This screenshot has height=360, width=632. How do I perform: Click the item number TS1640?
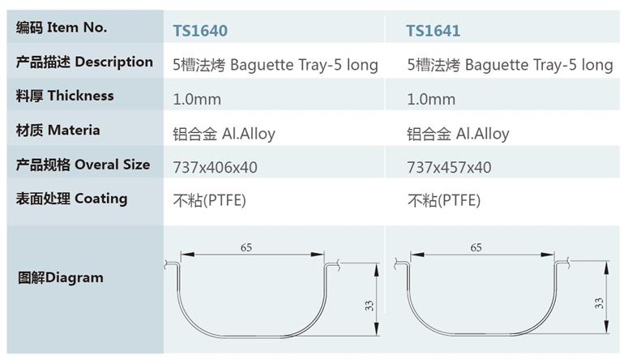(x=200, y=31)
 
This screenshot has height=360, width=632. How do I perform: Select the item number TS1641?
(x=433, y=31)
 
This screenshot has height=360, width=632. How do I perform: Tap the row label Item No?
(x=62, y=28)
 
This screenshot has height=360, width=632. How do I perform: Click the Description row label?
(x=84, y=62)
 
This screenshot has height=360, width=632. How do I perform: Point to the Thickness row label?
(x=65, y=96)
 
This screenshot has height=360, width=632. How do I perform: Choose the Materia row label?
(x=58, y=131)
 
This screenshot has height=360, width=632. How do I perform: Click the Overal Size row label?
(x=83, y=165)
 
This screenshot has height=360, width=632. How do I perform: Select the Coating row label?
(x=71, y=199)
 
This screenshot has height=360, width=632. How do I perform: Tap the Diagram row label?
(x=61, y=277)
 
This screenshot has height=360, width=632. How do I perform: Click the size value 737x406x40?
(x=215, y=167)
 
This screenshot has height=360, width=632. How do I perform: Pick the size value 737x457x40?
(x=449, y=167)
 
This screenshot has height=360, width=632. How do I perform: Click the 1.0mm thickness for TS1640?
(x=197, y=99)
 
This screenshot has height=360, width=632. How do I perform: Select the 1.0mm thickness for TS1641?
(x=431, y=99)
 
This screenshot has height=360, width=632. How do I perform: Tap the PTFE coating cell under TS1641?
(x=444, y=200)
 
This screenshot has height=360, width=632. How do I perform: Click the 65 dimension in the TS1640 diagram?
(x=246, y=247)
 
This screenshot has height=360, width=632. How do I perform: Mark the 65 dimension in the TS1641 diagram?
(x=476, y=247)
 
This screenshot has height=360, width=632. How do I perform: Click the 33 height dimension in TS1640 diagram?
(x=369, y=306)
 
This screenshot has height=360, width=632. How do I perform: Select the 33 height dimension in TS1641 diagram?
(x=599, y=303)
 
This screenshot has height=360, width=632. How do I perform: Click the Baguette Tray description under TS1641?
(x=510, y=65)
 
